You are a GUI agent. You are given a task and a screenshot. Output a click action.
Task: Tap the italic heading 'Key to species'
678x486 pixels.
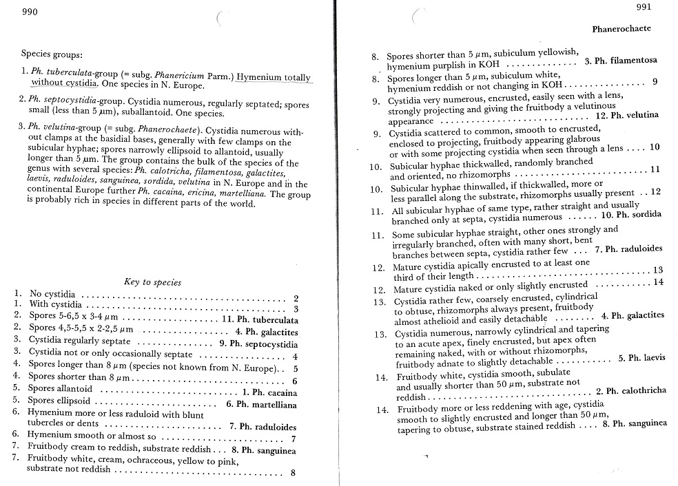coord(152,282)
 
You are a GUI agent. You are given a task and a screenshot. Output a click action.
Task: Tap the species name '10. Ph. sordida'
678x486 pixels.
coord(631,214)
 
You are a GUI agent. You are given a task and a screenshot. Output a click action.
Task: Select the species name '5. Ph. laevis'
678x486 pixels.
coord(641,358)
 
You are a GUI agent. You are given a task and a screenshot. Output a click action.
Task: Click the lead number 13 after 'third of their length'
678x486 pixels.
coord(657,271)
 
